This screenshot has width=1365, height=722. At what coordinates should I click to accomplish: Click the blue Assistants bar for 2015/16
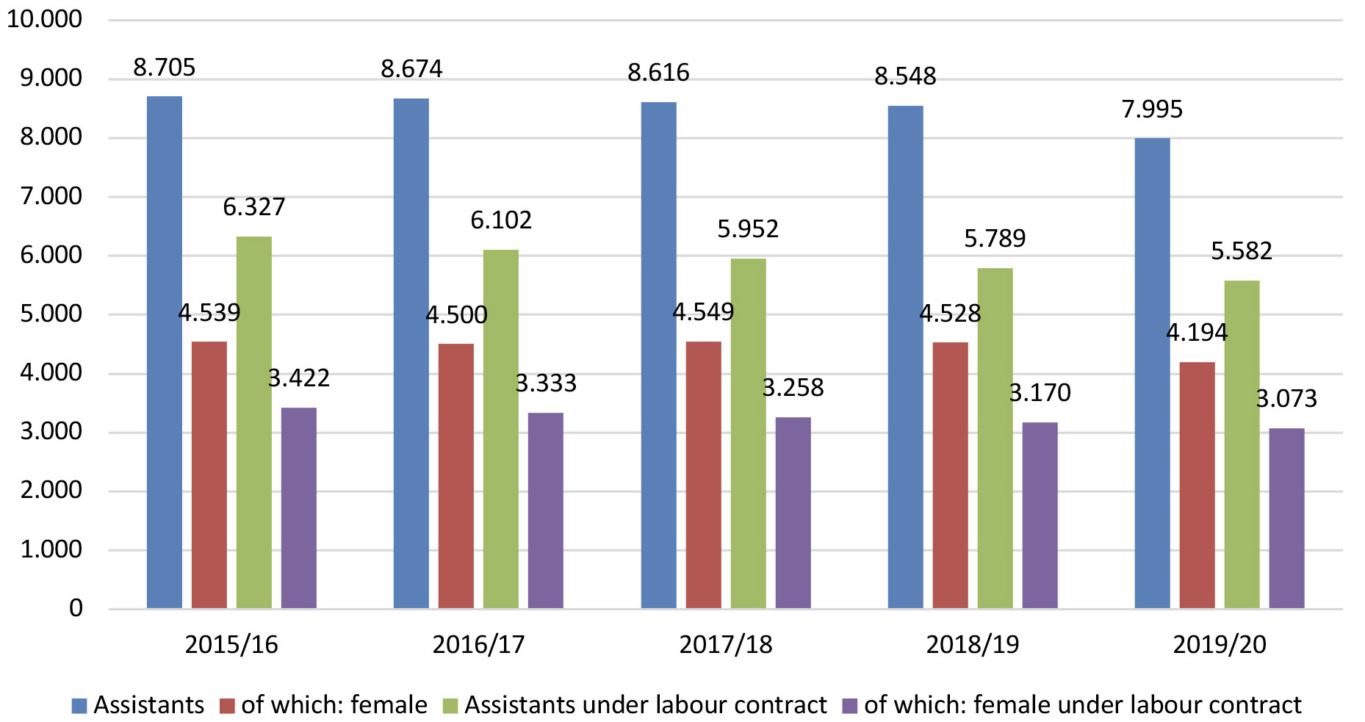(165, 353)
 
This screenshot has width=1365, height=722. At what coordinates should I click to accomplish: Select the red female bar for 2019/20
(1197, 485)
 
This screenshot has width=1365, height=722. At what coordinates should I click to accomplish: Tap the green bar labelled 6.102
(500, 429)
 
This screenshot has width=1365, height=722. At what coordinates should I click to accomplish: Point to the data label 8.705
(164, 68)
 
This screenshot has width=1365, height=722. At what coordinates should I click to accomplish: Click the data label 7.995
(1152, 109)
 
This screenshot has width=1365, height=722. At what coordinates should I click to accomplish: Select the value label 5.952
(747, 229)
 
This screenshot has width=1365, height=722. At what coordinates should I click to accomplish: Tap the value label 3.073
(1286, 399)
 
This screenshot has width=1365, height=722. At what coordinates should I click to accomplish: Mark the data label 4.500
(456, 315)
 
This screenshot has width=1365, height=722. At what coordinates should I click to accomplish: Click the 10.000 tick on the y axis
(44, 19)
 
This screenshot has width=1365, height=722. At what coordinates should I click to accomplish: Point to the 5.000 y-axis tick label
(51, 314)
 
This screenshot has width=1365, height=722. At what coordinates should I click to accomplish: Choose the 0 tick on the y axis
(76, 608)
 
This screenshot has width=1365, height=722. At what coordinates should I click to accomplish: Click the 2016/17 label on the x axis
(478, 645)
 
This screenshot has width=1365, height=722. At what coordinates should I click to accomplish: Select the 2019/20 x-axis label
(1219, 645)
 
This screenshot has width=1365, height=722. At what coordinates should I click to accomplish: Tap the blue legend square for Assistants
(79, 706)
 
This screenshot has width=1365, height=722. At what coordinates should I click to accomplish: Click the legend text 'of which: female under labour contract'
(1082, 705)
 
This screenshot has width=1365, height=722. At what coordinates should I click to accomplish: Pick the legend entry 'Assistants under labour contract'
(645, 705)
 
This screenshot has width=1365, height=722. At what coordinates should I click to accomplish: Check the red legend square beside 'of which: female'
(228, 706)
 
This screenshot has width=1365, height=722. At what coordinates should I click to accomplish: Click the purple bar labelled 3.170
(1040, 515)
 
